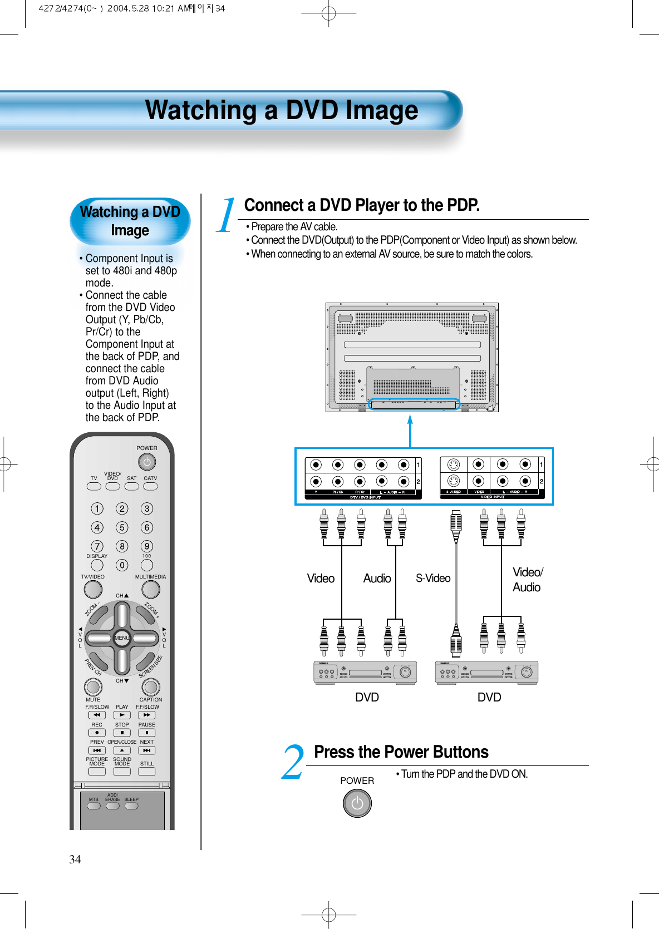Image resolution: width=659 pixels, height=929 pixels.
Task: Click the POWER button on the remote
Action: click(147, 462)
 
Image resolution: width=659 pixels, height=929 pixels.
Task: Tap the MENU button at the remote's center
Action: click(122, 638)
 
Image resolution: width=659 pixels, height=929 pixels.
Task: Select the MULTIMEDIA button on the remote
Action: click(150, 589)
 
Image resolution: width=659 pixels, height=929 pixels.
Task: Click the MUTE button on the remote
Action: click(93, 687)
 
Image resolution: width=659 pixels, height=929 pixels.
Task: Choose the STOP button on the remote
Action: click(122, 733)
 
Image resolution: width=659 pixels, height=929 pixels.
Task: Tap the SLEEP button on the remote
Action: click(131, 806)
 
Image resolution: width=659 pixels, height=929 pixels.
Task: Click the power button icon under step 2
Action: click(357, 803)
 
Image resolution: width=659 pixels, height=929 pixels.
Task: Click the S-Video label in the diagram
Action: click(433, 579)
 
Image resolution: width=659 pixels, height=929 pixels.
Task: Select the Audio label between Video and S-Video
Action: click(377, 579)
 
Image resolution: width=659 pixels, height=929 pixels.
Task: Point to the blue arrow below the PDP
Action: click(410, 431)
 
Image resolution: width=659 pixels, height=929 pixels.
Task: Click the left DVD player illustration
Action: click(365, 673)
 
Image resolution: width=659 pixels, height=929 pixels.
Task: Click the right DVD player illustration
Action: click(486, 673)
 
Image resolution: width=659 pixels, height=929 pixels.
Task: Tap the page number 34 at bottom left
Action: click(75, 859)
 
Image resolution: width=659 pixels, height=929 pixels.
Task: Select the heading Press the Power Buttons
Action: click(401, 752)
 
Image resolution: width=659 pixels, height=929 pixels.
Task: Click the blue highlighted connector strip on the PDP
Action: click(414, 404)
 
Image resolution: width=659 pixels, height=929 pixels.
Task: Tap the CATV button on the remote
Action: click(150, 486)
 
